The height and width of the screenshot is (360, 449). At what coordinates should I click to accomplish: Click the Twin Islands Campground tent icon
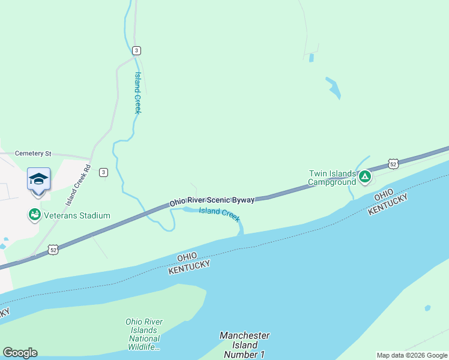pyautogui.click(x=364, y=176)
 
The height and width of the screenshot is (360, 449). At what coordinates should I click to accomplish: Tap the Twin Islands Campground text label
pyautogui.click(x=332, y=178)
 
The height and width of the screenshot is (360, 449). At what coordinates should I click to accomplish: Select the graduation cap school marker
pyautogui.click(x=38, y=179)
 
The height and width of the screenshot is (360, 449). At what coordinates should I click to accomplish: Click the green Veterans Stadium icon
pyautogui.click(x=34, y=215)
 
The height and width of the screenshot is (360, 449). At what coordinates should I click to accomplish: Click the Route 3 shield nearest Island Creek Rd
pyautogui.click(x=104, y=172)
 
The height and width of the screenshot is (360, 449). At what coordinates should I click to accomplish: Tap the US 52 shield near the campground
pyautogui.click(x=393, y=163)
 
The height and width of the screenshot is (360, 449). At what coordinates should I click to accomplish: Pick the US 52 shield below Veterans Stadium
pyautogui.click(x=53, y=249)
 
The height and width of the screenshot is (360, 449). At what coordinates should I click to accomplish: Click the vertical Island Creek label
pyautogui.click(x=137, y=93)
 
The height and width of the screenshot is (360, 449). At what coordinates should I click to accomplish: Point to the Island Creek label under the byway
pyautogui.click(x=219, y=212)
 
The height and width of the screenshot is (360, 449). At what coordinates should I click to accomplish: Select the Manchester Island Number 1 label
pyautogui.click(x=244, y=345)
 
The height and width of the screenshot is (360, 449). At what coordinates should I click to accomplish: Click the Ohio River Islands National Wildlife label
pyautogui.click(x=143, y=334)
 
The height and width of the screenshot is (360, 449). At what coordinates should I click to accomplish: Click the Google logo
pyautogui.click(x=20, y=353)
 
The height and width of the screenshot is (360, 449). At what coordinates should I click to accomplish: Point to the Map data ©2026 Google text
pyautogui.click(x=412, y=355)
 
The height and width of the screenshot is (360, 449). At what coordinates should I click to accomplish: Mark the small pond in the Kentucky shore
pyautogui.click(x=427, y=308)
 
